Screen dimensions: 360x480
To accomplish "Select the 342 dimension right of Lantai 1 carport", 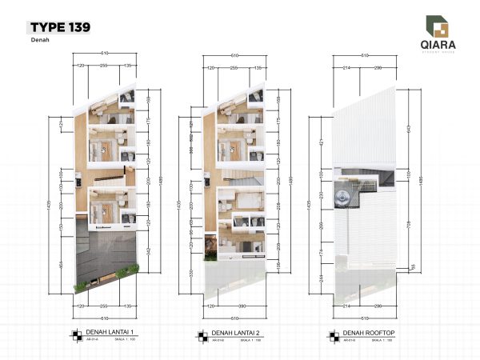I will (150, 252).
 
